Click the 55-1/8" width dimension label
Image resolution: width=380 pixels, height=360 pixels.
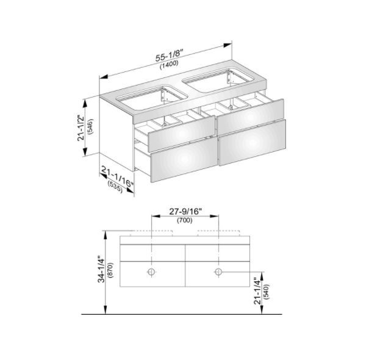(169, 56)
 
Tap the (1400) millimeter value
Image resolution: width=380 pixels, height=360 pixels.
(169, 65)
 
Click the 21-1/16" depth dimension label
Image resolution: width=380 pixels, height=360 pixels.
(117, 176)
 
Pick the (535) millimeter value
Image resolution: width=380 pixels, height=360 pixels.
(115, 187)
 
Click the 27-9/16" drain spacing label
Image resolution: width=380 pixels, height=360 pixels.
(185, 212)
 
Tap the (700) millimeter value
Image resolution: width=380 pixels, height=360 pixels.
(185, 220)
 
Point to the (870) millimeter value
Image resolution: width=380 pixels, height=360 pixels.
(111, 270)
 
